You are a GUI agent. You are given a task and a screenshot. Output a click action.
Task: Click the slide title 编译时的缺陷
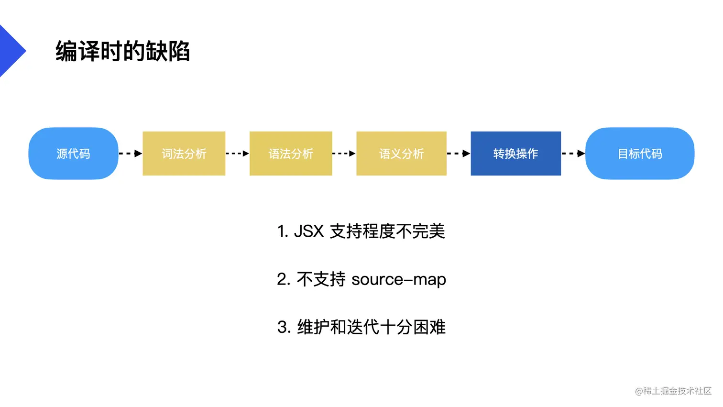click(x=122, y=51)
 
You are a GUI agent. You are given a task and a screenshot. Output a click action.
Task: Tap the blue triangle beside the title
click(x=11, y=51)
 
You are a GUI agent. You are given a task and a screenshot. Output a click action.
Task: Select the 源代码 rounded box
click(x=73, y=154)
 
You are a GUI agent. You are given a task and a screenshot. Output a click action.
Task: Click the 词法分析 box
click(x=184, y=154)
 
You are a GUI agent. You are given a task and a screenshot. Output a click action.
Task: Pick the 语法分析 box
click(x=291, y=154)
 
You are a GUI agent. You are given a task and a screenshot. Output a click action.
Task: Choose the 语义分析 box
click(x=402, y=154)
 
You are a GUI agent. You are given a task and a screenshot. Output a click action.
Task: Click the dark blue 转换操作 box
click(x=516, y=154)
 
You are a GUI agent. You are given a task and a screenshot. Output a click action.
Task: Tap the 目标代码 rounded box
click(x=640, y=154)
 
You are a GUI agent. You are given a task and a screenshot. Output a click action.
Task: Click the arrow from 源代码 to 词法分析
click(x=131, y=154)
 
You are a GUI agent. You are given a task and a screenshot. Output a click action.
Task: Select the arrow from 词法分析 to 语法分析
click(x=238, y=154)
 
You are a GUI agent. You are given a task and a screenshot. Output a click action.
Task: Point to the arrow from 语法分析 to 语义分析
click(x=344, y=154)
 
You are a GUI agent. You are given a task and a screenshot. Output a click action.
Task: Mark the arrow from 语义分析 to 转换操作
click(x=459, y=154)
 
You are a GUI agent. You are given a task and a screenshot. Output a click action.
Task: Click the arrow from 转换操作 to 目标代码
click(x=573, y=154)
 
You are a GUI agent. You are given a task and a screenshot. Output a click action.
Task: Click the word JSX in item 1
click(x=309, y=231)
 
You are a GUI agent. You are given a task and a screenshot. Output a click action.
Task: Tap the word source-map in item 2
click(x=399, y=279)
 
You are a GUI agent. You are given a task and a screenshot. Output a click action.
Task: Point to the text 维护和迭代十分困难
click(x=371, y=327)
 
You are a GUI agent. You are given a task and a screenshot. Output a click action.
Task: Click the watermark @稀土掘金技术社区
click(x=673, y=391)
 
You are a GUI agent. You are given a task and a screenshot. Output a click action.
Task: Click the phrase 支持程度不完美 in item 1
click(x=387, y=231)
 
